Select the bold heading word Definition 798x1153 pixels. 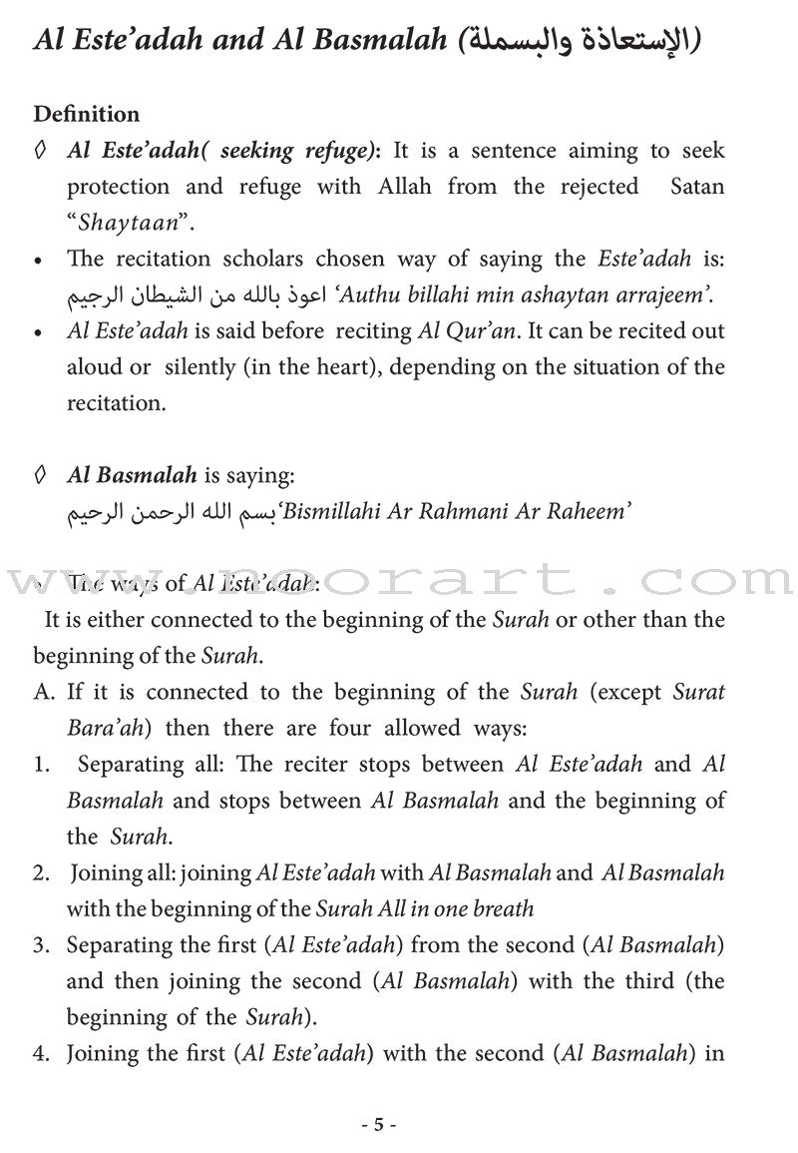pyautogui.click(x=86, y=115)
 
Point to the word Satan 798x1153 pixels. pyautogui.click(x=696, y=187)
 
